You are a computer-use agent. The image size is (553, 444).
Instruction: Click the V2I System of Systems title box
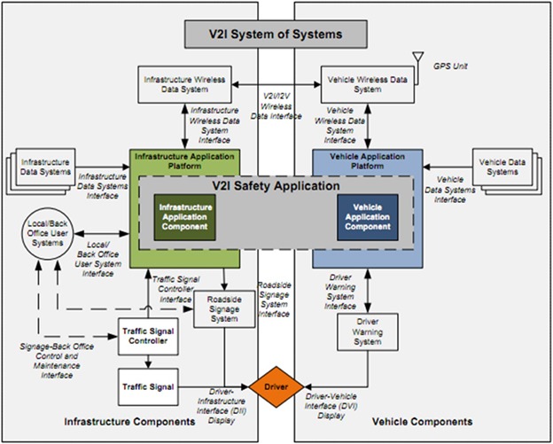pos(275,35)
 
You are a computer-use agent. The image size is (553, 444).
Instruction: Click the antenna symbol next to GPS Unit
pos(417,60)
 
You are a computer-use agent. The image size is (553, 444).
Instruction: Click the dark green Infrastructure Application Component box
pos(183,215)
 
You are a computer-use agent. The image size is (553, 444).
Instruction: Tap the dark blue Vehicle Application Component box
pos(367,215)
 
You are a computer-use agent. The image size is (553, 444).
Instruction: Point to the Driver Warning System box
pos(367,331)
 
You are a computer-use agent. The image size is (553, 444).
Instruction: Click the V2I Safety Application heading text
pos(276,187)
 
